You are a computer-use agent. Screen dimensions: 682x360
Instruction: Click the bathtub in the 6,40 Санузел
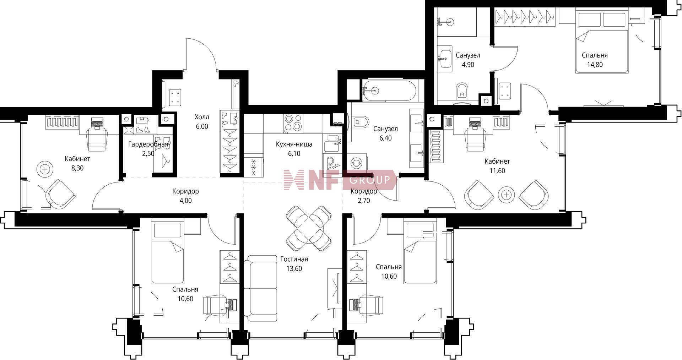click(x=389, y=90)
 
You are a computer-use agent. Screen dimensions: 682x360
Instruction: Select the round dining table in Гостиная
click(x=309, y=229)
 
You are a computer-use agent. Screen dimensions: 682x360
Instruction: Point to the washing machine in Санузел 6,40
click(x=356, y=163)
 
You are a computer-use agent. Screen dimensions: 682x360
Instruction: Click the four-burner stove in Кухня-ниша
click(x=293, y=123)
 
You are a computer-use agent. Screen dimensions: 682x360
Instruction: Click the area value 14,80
click(x=595, y=65)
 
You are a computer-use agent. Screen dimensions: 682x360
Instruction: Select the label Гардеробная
click(x=148, y=144)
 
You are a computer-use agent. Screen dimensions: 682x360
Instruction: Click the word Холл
click(x=202, y=117)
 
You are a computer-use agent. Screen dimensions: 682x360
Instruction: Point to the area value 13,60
click(x=294, y=269)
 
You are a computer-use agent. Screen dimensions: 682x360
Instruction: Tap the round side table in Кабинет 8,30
click(x=45, y=169)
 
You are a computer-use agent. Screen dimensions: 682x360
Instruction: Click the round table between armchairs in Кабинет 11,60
click(x=506, y=195)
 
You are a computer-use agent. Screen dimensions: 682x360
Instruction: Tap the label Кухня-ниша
click(x=294, y=144)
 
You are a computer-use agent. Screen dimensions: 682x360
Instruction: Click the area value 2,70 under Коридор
click(x=364, y=201)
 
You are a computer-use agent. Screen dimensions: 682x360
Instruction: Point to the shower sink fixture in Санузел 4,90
click(x=445, y=22)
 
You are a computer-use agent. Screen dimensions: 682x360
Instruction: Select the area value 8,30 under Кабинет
click(x=77, y=168)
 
